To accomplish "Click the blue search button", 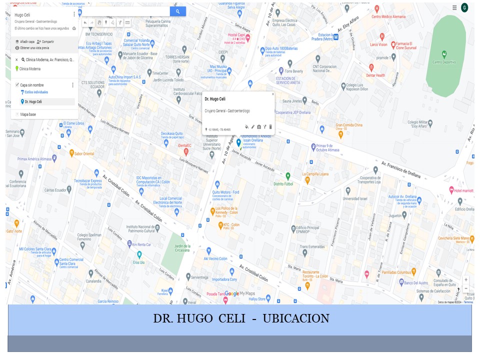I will pos(178,11).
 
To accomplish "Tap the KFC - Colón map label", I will pos(231,225).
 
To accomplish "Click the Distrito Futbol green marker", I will pos(288,176).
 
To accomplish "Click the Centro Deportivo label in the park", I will pos(444,62).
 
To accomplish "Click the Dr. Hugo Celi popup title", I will pos(215,99).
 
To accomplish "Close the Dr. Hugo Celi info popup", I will pos(272,94).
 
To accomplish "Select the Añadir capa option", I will pos(25,41).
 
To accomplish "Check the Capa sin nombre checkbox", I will pos(17,85).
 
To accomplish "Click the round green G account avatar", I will pos(464,7).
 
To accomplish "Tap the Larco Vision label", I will pos(378,44).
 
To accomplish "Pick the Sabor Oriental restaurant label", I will pos(84,153).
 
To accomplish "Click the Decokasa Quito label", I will pos(171,133).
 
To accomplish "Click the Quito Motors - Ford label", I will pos(225,192).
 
